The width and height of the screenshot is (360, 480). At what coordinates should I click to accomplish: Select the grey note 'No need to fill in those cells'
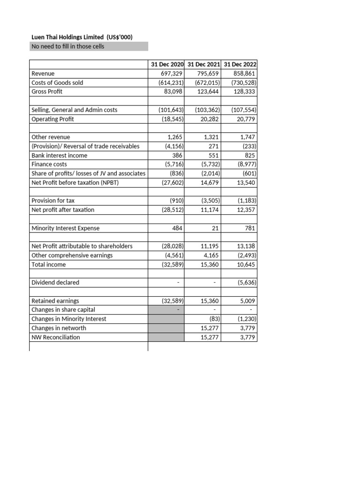[x=67, y=46]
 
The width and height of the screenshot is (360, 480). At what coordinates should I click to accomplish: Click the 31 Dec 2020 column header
[x=166, y=64]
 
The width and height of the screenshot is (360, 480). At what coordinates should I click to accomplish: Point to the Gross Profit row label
[x=46, y=91]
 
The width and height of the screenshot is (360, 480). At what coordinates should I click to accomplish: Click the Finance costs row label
[x=49, y=165]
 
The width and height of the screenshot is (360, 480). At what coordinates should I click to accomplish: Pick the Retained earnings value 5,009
[x=247, y=300]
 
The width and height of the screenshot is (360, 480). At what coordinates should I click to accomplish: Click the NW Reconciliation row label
[x=55, y=337]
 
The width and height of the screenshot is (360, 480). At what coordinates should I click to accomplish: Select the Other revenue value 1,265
[x=174, y=137]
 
